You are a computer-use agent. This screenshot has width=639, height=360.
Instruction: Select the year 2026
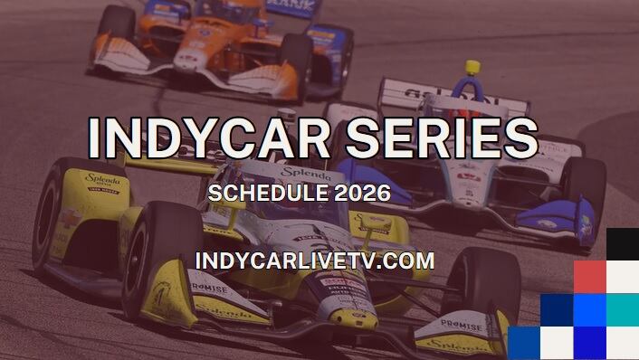tap(361, 193)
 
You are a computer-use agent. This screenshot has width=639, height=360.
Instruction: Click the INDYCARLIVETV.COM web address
tap(314, 261)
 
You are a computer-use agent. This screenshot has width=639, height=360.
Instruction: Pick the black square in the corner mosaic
tap(622, 244)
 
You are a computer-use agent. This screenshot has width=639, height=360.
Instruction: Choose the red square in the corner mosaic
tap(589, 277)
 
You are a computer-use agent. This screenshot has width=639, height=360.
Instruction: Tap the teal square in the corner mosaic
tap(622, 309)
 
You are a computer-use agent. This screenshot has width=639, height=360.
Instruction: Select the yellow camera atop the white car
tap(472, 68)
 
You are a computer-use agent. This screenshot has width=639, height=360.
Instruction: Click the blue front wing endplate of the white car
tap(561, 226)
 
